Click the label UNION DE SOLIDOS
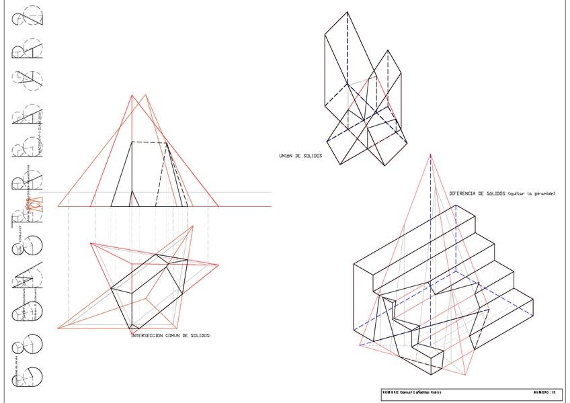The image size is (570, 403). point(300,156)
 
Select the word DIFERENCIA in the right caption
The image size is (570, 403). point(464,193)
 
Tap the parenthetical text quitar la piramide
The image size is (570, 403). point(532,193)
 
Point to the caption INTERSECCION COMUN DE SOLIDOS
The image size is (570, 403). point(170,334)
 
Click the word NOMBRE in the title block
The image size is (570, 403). point(390,392)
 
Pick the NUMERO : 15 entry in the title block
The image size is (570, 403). point(544,392)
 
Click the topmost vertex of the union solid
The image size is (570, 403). point(347,11)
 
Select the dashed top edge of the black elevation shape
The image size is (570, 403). point(150,142)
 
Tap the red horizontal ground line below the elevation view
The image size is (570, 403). point(168,206)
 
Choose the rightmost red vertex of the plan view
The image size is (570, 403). point(218,264)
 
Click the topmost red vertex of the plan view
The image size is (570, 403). point(194,226)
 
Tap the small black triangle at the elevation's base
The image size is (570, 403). point(134,199)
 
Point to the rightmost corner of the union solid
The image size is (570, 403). point(407,140)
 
